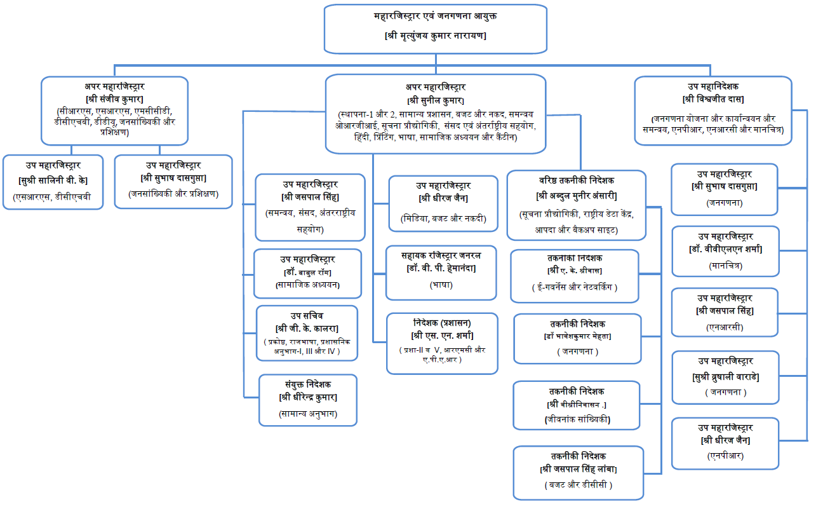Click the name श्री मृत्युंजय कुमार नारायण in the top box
436,36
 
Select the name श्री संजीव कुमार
114,99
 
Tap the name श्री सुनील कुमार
436,100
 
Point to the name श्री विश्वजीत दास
713,99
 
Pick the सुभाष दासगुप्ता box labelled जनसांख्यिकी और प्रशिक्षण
173,181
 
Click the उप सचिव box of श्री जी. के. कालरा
307,333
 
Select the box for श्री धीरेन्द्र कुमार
308,399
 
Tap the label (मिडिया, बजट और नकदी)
443,219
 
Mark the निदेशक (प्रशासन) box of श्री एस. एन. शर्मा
443,343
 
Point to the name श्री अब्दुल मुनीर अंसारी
577,195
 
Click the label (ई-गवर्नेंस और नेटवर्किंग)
575,287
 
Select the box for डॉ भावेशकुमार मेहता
578,338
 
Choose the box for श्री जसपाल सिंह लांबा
579,472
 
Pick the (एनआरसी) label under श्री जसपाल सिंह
725,327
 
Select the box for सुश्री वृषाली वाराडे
725,379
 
